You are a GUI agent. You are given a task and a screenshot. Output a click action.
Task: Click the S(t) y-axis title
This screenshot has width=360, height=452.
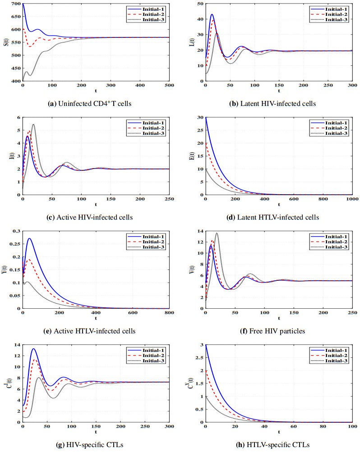click(x=6, y=42)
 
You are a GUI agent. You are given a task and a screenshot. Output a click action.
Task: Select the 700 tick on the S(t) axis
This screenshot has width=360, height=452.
click(x=15, y=4)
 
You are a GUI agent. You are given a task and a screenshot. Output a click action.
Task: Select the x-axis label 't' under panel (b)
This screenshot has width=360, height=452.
click(x=279, y=91)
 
